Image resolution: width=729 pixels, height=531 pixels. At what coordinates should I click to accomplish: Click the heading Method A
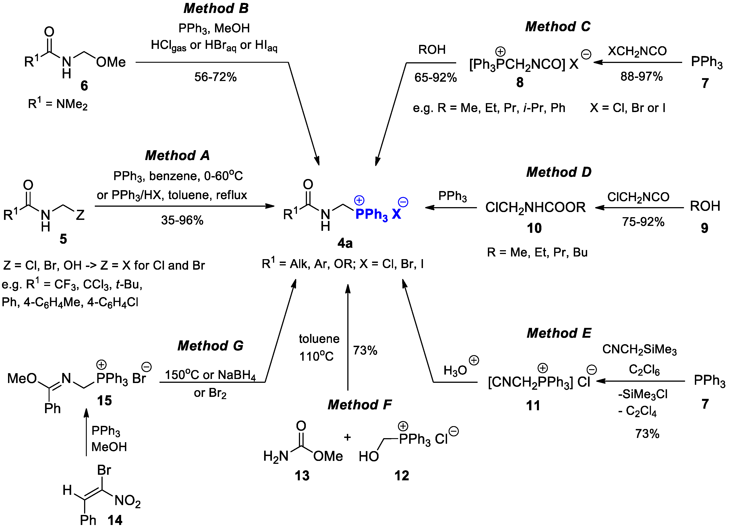coord(177,156)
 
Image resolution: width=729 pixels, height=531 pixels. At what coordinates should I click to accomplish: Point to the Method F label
coord(360,405)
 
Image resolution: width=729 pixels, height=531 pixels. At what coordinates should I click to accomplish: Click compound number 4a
coord(345,244)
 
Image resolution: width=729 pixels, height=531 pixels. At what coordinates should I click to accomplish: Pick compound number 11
coord(533,406)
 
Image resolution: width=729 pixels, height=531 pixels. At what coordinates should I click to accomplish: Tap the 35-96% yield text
coord(182,220)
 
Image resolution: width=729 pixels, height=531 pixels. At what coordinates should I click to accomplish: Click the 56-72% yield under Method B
coord(215,77)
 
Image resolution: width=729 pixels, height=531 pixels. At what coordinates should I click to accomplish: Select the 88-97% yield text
coord(641,77)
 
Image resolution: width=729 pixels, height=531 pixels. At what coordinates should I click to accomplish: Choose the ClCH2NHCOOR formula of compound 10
coord(535,207)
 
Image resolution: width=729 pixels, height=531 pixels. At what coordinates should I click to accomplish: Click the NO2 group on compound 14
coord(128,501)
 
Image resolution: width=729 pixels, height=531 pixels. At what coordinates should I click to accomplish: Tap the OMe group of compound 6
coord(111,62)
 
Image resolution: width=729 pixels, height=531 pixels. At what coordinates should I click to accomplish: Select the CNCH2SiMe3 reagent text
coord(639,350)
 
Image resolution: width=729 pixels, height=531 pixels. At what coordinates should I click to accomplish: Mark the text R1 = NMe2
coord(58,104)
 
